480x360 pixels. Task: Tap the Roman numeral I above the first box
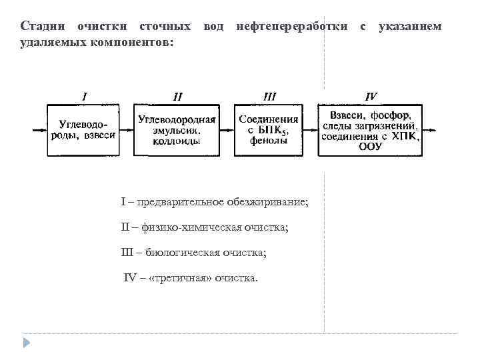[84, 96]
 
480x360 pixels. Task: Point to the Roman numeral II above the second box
[177, 97]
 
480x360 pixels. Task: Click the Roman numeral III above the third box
[269, 96]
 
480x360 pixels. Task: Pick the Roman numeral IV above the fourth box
[371, 96]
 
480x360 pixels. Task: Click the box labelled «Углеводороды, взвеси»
[83, 130]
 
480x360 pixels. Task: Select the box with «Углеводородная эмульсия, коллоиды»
[177, 130]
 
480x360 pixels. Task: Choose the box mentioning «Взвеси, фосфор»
[370, 130]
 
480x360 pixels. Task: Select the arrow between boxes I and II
[127, 130]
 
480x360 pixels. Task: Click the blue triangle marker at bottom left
[27, 343]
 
